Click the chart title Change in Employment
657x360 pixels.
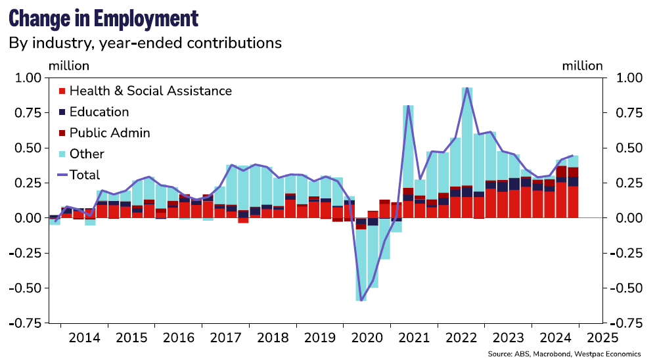103,18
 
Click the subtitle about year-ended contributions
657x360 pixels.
145,43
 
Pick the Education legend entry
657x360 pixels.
99,112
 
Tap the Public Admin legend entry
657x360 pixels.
109,133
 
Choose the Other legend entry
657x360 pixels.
87,154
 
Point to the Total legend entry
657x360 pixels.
85,175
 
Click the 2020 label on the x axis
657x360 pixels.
367,338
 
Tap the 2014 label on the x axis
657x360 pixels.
84,338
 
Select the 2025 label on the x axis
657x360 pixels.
602,338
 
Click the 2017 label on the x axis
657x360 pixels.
225,338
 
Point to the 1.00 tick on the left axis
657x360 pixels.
27,78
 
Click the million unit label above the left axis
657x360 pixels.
69,66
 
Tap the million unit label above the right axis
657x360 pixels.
582,66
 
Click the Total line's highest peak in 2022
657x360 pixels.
467,88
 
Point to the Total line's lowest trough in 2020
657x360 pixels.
361,300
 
